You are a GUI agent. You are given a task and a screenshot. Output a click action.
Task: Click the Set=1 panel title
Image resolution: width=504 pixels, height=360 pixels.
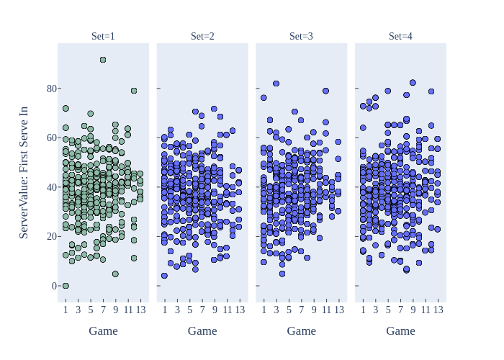tap(103, 36)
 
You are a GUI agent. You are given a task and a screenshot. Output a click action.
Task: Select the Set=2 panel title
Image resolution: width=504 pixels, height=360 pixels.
tap(202, 36)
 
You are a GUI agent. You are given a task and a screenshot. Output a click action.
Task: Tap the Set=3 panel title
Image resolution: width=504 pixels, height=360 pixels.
tap(301, 36)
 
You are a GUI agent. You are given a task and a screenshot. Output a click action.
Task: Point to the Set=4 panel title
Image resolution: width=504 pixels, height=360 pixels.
tap(400, 36)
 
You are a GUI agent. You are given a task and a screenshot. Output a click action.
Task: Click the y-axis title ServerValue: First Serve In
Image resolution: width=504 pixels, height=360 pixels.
tap(24, 172)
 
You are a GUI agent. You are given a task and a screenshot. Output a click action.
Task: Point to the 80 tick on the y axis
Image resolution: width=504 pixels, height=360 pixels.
tap(51, 89)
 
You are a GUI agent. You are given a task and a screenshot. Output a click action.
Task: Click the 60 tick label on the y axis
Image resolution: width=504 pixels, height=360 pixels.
tap(51, 138)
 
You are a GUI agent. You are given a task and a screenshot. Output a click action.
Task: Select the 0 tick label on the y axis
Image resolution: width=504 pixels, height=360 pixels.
tap(54, 286)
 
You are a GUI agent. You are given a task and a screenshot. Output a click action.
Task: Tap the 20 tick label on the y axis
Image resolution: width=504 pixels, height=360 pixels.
tap(51, 236)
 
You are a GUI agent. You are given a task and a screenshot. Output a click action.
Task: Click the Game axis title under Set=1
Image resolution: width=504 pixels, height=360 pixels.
tap(103, 330)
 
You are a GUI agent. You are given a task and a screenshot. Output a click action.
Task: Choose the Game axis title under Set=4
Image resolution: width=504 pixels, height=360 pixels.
tap(400, 330)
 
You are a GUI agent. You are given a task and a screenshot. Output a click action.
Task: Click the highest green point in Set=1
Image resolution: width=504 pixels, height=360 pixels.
tap(103, 60)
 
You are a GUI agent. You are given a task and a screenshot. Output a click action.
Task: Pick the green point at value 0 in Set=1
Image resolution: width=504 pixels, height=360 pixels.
tap(66, 286)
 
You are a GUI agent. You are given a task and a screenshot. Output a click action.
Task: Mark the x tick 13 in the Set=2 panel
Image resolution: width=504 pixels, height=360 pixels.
tap(240, 310)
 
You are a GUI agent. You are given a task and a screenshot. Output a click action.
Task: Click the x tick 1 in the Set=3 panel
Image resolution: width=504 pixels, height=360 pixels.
tap(264, 310)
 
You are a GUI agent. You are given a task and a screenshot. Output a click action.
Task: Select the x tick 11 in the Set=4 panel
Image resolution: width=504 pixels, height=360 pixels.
tap(426, 310)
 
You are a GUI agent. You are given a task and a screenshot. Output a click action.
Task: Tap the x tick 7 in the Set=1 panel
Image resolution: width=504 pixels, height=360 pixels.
tap(103, 310)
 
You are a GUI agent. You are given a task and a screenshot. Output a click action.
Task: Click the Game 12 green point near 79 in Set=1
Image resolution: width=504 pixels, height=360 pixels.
tap(134, 91)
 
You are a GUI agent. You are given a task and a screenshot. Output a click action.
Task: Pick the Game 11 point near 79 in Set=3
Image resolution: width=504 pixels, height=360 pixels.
tap(325, 91)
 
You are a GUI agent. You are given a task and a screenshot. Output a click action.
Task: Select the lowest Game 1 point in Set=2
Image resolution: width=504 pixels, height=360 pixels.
tap(164, 276)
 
